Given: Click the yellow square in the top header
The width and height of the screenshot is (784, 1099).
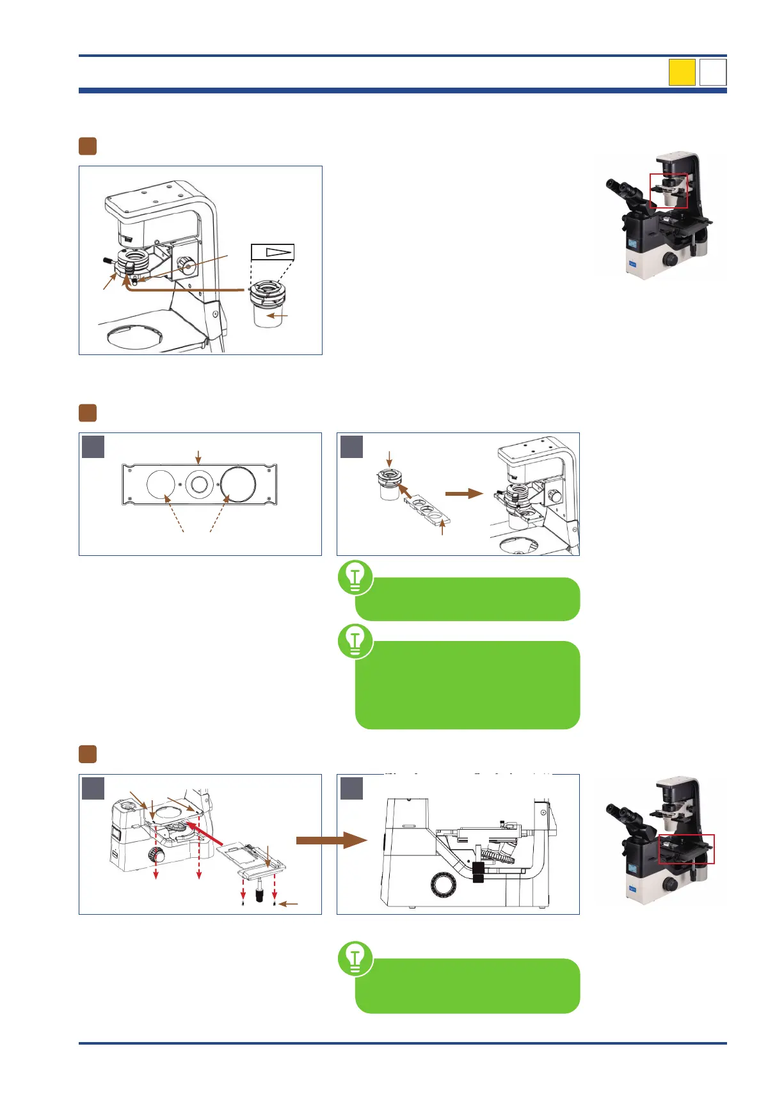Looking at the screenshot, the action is click(682, 72).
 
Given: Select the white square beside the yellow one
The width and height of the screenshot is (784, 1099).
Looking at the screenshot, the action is click(713, 72).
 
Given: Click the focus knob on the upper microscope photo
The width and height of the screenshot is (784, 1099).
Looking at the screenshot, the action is click(670, 259).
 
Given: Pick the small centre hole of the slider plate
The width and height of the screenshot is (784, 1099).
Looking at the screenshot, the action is click(199, 484).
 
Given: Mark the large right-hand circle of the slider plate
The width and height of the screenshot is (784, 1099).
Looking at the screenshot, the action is click(238, 484).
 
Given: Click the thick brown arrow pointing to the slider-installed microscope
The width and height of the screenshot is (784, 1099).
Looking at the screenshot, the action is click(464, 493).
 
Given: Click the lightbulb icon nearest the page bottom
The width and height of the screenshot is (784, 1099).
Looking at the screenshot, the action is click(355, 958).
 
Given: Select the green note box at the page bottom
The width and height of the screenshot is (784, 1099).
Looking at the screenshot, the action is click(468, 986).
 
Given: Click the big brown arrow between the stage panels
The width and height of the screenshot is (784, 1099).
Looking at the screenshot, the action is click(330, 840).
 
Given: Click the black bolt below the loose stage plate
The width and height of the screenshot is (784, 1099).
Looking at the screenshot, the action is click(260, 893).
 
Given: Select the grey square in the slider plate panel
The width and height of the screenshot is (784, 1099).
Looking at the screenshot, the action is click(93, 447).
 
